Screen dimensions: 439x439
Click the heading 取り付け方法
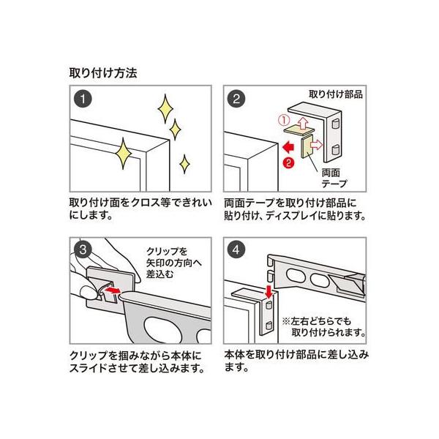tap(102, 73)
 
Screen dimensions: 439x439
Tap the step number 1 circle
tap(86, 98)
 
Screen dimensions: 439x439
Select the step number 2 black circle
tap(236, 98)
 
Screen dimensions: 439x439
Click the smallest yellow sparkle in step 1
tap(186, 162)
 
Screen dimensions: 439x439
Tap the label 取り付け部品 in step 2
tap(336, 94)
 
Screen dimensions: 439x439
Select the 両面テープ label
tap(334, 178)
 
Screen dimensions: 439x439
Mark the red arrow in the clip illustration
tap(112, 291)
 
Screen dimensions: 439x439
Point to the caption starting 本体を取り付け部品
tap(296, 358)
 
